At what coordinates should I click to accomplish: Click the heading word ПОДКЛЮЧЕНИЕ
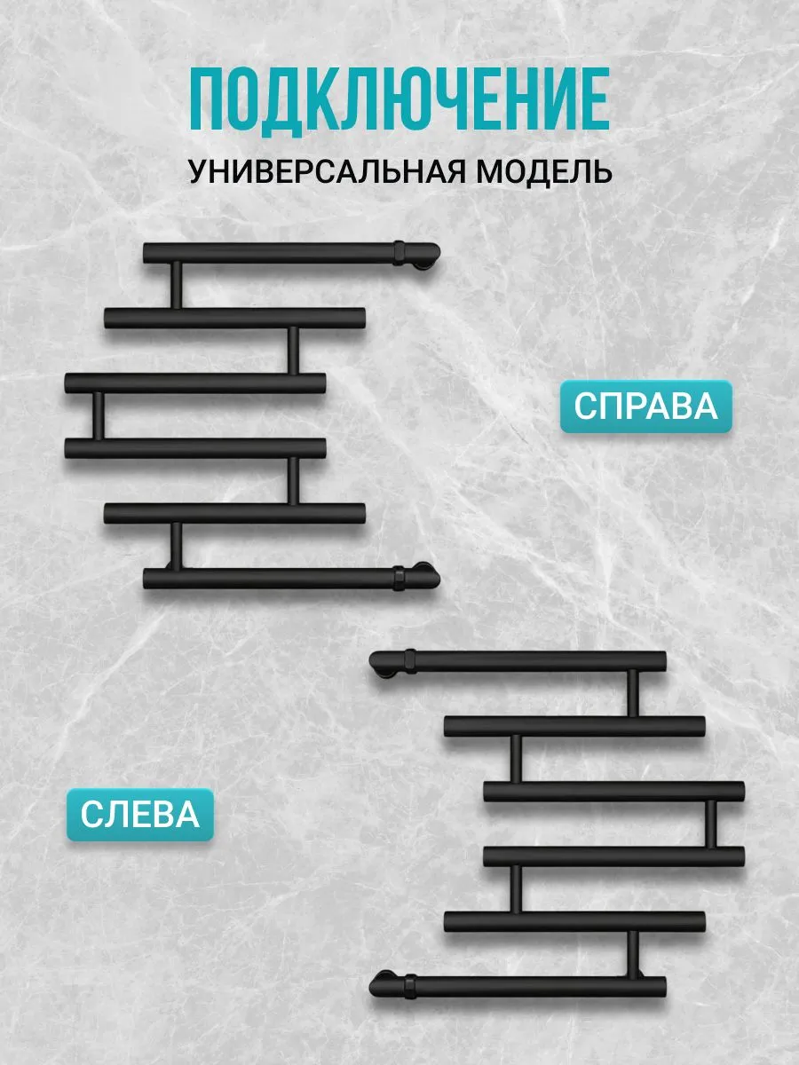click(x=399, y=99)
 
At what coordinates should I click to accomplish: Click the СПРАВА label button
click(x=645, y=407)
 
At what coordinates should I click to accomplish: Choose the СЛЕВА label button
click(x=140, y=814)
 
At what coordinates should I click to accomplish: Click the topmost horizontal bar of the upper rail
click(x=266, y=253)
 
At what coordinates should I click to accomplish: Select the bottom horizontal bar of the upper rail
click(x=266, y=579)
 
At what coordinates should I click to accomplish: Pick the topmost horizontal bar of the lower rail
click(x=533, y=660)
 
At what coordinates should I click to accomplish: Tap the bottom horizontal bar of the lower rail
click(x=533, y=985)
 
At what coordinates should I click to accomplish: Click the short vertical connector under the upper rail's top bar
click(x=176, y=285)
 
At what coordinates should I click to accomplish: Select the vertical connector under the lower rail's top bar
click(x=633, y=693)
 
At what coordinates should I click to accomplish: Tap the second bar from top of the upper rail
click(x=235, y=318)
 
